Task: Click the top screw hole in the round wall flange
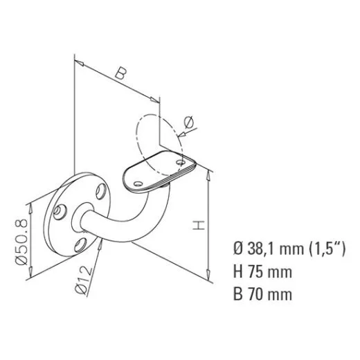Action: click(101, 188)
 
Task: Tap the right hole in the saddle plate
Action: click(183, 162)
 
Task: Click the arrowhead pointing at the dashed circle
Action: click(181, 132)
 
